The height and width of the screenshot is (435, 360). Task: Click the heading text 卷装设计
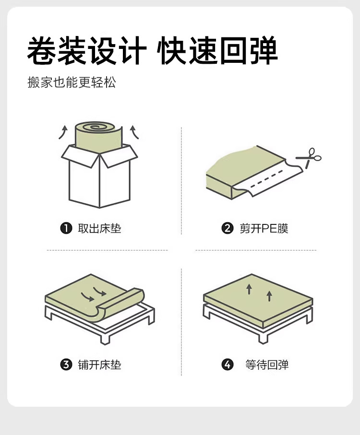pyautogui.click(x=87, y=50)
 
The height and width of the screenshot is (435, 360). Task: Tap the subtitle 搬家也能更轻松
pyautogui.click(x=72, y=82)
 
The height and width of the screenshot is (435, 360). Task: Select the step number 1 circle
pyautogui.click(x=66, y=228)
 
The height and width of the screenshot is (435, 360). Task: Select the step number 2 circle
pyautogui.click(x=227, y=228)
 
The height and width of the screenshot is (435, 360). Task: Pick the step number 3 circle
pyautogui.click(x=66, y=365)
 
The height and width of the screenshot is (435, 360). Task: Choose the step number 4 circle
pyautogui.click(x=227, y=365)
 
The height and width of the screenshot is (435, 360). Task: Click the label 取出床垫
pyautogui.click(x=99, y=228)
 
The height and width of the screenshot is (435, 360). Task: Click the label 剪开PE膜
pyautogui.click(x=264, y=228)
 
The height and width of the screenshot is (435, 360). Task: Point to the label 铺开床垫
pyautogui.click(x=99, y=365)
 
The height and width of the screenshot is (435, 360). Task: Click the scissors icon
pyautogui.click(x=309, y=157)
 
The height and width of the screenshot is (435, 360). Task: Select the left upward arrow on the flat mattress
pyautogui.click(x=249, y=289)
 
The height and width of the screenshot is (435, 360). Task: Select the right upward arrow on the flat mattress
pyautogui.click(x=269, y=295)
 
